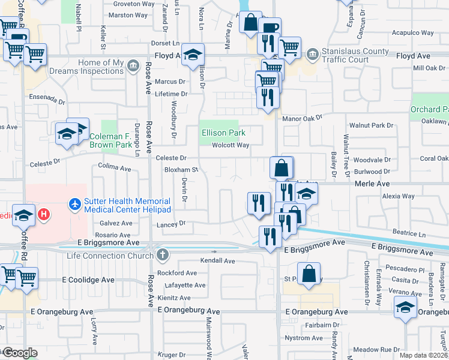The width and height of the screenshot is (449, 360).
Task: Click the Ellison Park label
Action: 224,133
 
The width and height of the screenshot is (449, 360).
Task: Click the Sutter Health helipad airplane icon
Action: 74,205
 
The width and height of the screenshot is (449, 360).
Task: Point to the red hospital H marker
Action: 43,213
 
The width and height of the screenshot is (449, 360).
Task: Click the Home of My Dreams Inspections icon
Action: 131,67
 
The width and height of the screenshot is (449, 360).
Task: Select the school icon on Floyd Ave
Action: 193,54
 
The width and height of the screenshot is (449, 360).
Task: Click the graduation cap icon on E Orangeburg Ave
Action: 406,308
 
